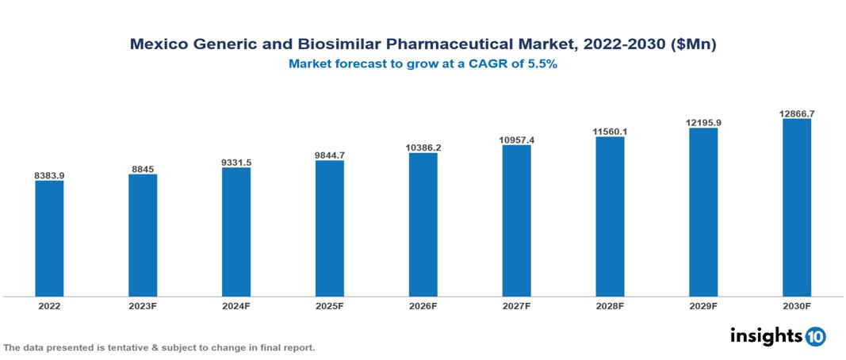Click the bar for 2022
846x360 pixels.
coord(49,239)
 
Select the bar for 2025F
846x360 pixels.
coord(330,228)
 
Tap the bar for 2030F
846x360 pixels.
coord(797,208)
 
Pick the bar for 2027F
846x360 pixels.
coord(516,220)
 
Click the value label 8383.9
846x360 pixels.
coord(49,174)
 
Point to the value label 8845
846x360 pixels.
coord(143,168)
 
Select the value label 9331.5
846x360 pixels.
coord(236,162)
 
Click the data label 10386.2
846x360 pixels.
coord(423,147)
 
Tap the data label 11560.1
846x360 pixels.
coord(610,131)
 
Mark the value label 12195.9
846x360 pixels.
coord(703,122)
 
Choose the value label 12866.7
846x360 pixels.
coord(797,113)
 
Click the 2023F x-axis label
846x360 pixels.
coord(143,305)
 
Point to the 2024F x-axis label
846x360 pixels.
coord(236,305)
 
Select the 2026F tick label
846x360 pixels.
coord(423,305)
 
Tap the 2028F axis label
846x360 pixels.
coord(610,305)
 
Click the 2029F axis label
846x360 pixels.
coord(703,305)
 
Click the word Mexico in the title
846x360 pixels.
coord(161,45)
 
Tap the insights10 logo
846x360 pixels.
coord(777,336)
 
